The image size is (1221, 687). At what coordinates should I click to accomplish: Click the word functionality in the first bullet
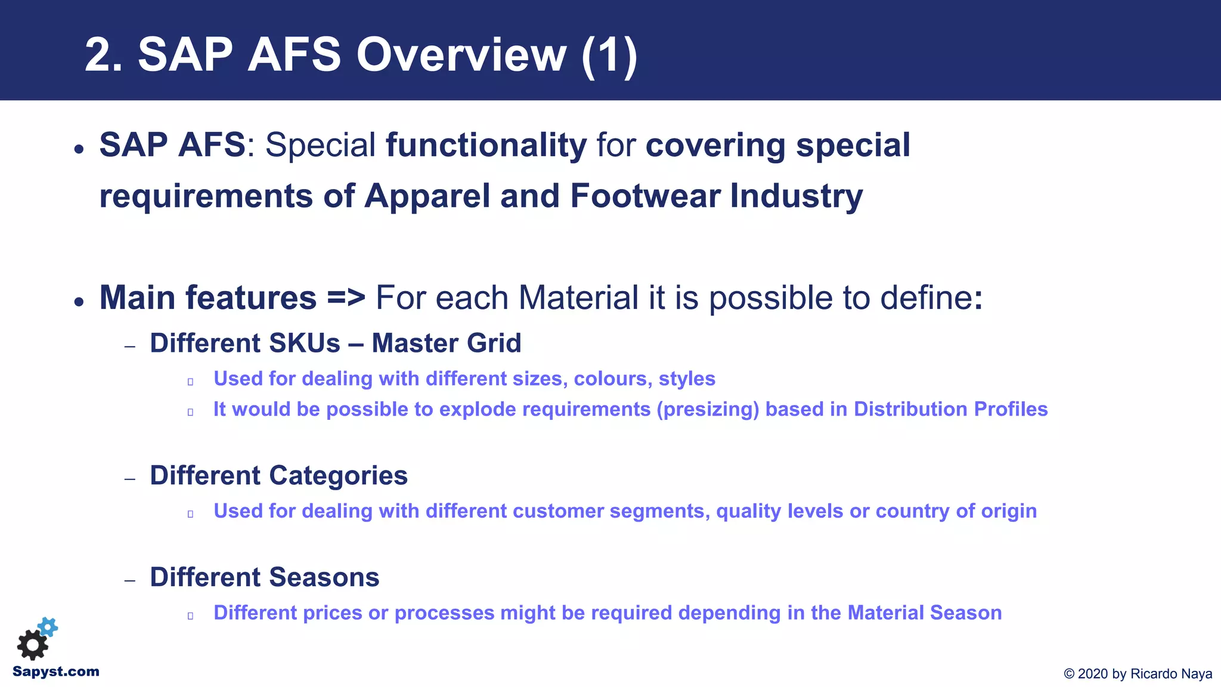coord(486,145)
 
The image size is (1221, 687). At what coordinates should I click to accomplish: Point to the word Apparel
coord(427,196)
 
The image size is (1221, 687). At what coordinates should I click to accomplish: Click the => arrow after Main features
coord(346,298)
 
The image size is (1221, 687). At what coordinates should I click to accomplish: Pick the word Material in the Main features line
coord(579,298)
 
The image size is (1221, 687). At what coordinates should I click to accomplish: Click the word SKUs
coord(305,343)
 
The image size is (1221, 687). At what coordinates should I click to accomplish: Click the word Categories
coord(338,476)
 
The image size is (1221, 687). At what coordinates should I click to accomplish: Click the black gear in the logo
coord(32,645)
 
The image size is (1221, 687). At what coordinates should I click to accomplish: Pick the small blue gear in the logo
coord(48,627)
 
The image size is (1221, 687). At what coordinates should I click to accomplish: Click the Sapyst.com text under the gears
coord(56,671)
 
